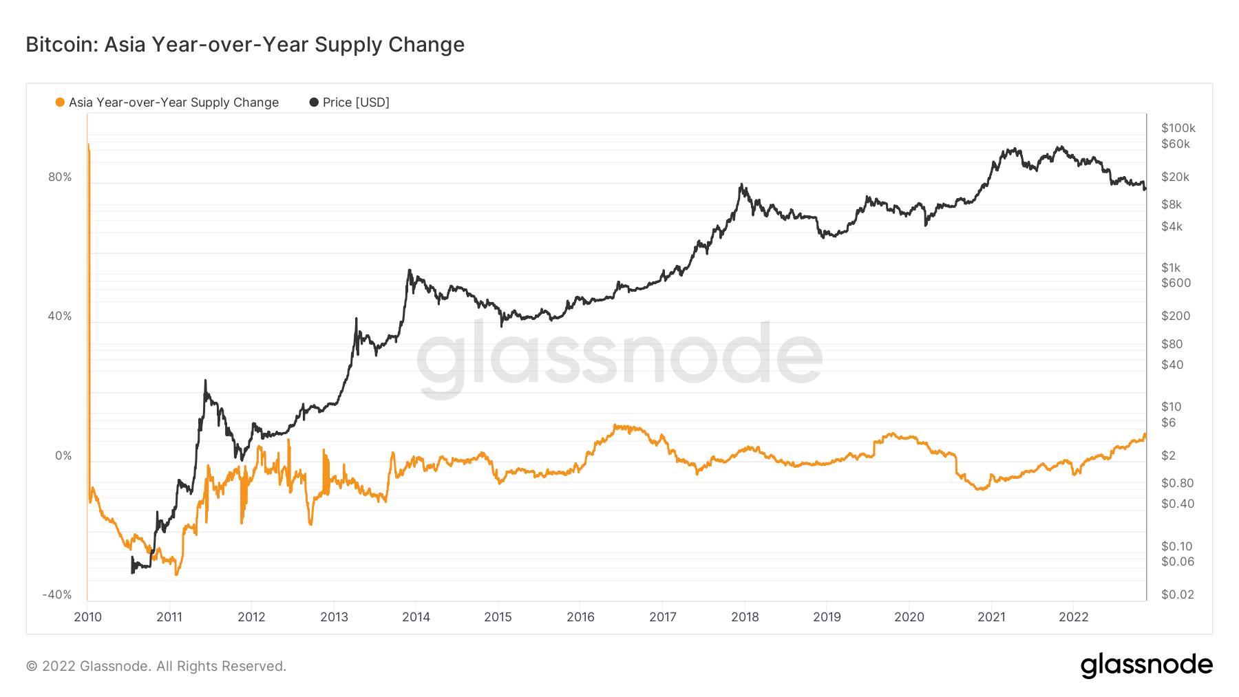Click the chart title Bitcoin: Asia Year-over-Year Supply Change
click(245, 45)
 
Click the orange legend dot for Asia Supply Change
click(60, 103)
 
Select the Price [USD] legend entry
click(350, 103)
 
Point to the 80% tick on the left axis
click(60, 177)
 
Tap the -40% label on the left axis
click(56, 594)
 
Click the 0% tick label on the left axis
click(63, 455)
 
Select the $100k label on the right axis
click(1178, 128)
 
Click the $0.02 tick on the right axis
click(1177, 594)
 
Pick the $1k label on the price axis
click(1170, 268)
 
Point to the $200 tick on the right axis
click(1175, 316)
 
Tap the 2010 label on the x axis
click(87, 617)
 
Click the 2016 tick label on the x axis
click(580, 617)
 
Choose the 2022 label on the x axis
click(1073, 617)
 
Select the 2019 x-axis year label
click(827, 617)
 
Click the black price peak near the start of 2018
click(741, 184)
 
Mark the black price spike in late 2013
click(410, 270)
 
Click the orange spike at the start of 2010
click(88, 146)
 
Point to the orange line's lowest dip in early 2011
click(176, 574)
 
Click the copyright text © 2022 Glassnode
click(156, 666)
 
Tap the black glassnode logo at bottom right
click(1146, 665)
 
